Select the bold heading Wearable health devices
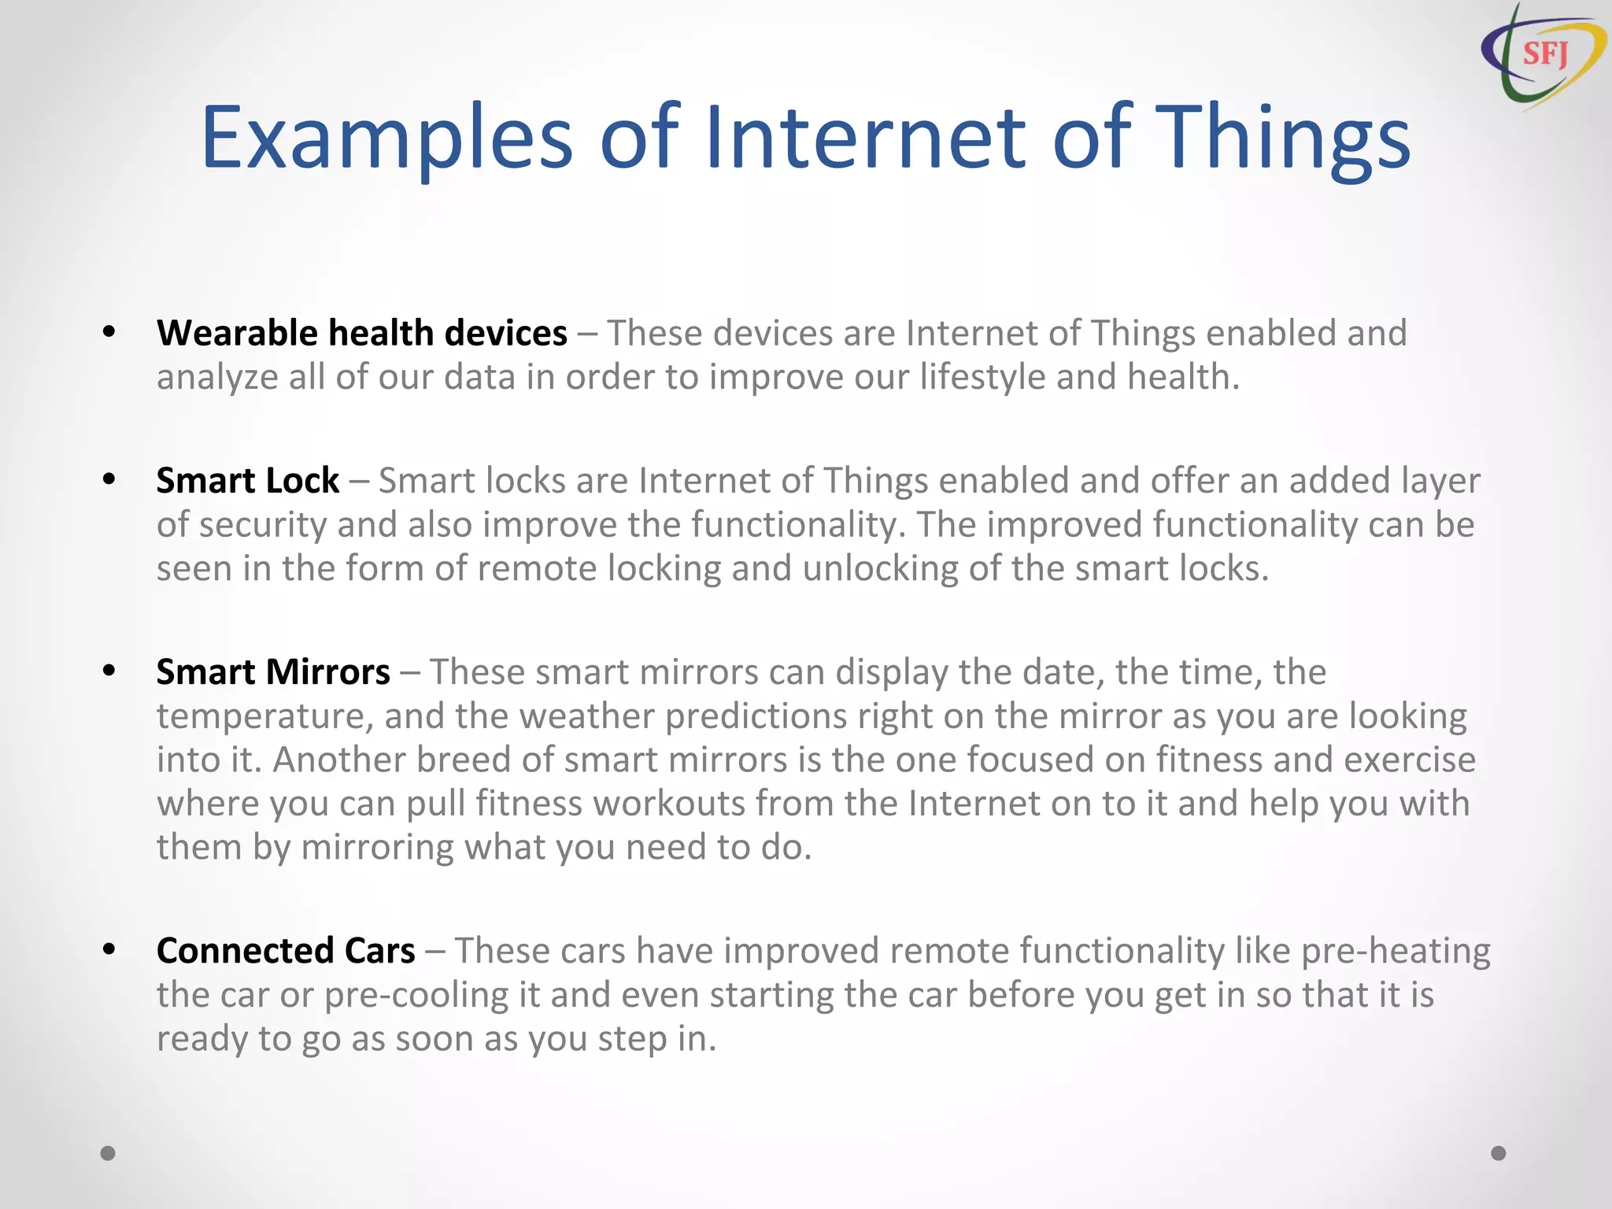coord(361,333)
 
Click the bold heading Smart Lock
coord(247,481)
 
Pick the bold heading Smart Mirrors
coord(273,672)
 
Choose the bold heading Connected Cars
coord(286,951)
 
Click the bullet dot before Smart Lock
coord(109,479)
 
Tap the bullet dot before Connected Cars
coord(109,949)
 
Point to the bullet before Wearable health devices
coord(109,331)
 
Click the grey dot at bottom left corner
coord(108,1153)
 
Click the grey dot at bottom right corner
coord(1499,1153)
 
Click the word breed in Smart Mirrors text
coord(458,760)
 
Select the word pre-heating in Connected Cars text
coord(1395,951)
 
